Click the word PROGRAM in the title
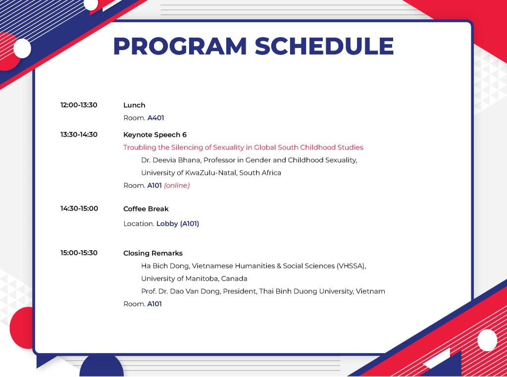pos(180,46)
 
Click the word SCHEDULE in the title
pos(324,46)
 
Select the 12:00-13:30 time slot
pos(79,105)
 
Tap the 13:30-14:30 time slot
pos(79,135)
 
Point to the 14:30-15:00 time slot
pos(79,208)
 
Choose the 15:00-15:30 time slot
pos(79,253)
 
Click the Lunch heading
pos(134,105)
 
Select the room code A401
pos(156,118)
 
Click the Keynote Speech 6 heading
pos(155,135)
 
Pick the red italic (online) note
pos(177,186)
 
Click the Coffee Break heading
pos(146,209)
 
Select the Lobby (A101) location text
pos(178,224)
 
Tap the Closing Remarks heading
pos(153,253)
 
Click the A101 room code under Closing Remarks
pos(154,304)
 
